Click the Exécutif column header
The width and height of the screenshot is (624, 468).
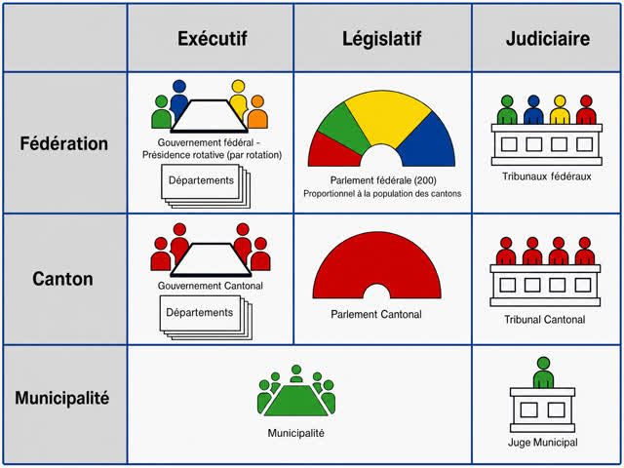(213, 39)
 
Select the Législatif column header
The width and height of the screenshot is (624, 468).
(381, 39)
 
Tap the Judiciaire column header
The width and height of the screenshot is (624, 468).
(548, 39)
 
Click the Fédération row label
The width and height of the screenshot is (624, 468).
(64, 143)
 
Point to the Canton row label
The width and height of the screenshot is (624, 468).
(62, 279)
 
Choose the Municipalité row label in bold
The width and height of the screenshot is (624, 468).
(62, 398)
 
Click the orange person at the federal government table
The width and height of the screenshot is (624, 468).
(257, 112)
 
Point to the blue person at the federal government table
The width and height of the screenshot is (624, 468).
(179, 99)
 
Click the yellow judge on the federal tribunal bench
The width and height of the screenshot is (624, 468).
(560, 110)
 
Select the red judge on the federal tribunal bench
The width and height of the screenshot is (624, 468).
(586, 110)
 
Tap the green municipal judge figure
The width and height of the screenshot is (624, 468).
(543, 372)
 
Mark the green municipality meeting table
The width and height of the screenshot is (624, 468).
(296, 401)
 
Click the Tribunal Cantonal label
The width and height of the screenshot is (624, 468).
(544, 320)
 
